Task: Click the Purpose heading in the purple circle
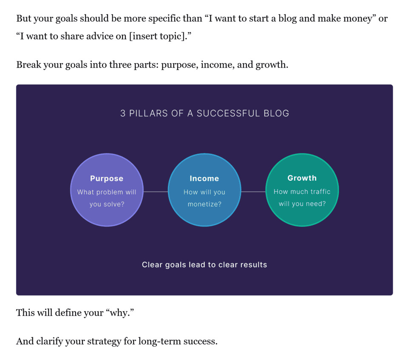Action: [x=107, y=179]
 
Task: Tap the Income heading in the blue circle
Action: [x=204, y=179]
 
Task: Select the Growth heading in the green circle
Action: [x=302, y=178]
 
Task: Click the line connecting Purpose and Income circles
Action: [x=156, y=192]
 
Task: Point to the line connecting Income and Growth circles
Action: [x=253, y=192]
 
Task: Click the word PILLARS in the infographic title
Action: [x=149, y=113]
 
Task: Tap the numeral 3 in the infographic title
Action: [x=123, y=113]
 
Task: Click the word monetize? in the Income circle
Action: [x=204, y=204]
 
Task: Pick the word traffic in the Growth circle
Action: [x=320, y=192]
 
